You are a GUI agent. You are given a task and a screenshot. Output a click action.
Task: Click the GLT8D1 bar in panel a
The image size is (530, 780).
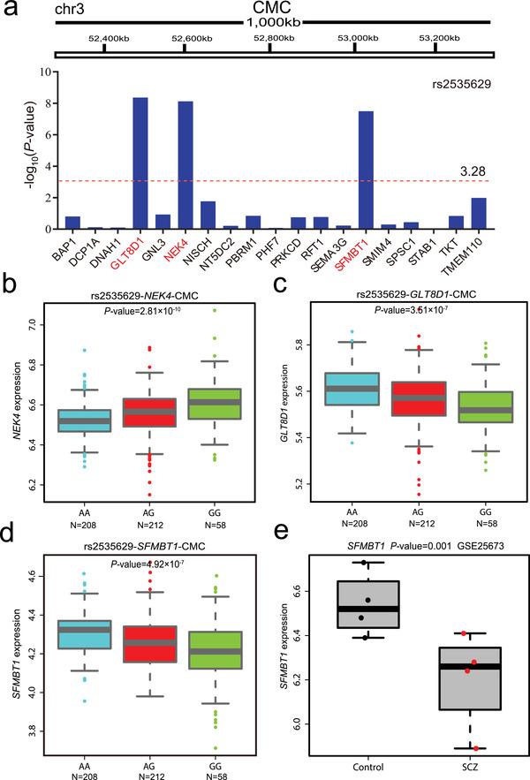140,163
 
